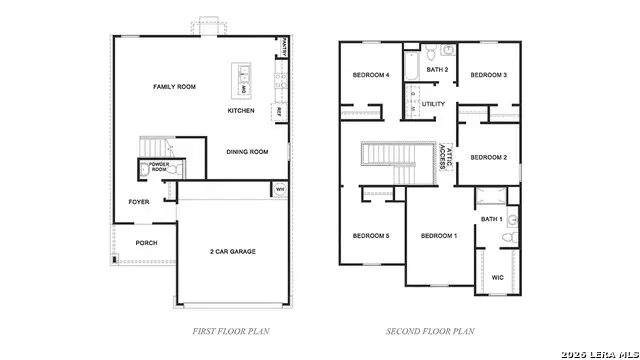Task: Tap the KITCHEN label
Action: tap(241, 110)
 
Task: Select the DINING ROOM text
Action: tap(247, 152)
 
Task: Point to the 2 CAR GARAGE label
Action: tap(232, 251)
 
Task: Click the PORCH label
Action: tap(146, 243)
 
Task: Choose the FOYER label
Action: tap(139, 201)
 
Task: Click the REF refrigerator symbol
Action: tap(279, 111)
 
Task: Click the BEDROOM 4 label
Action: tap(370, 75)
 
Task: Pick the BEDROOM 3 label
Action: tap(489, 75)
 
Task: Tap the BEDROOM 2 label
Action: tap(489, 157)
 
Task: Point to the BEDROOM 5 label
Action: tap(370, 235)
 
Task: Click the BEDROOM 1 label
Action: tap(438, 235)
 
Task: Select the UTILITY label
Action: tap(433, 103)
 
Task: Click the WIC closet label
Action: tap(497, 278)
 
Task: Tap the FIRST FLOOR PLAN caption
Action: tap(231, 330)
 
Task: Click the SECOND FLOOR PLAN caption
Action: tap(430, 330)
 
